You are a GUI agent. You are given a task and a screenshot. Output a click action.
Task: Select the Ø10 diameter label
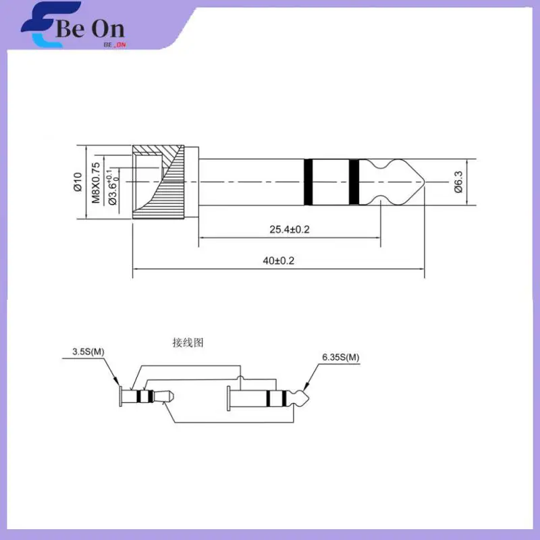pos(78,182)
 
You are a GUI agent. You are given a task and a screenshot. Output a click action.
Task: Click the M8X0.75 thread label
pos(96,182)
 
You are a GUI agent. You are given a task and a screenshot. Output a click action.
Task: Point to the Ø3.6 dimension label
pos(113,187)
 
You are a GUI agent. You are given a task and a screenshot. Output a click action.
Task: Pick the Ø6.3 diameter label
pos(458,182)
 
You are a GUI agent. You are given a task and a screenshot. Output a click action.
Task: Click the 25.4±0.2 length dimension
pos(290,230)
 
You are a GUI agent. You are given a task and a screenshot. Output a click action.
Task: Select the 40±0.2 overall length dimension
pos(279,261)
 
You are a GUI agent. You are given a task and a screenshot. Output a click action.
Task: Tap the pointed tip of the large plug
pos(425,182)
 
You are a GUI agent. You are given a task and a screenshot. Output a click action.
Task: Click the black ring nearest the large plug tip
pos(354,182)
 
